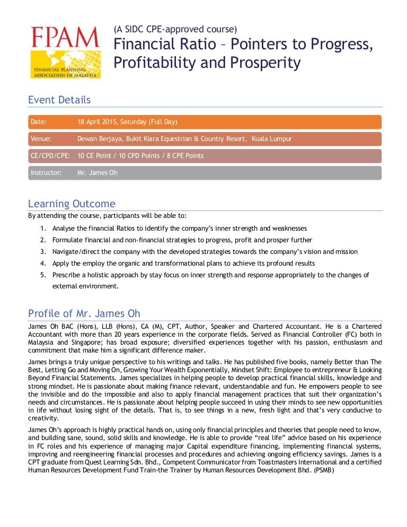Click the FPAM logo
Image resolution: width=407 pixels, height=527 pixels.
click(65, 51)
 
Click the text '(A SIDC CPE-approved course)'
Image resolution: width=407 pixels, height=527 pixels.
click(175, 29)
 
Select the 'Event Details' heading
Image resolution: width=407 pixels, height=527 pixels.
click(59, 100)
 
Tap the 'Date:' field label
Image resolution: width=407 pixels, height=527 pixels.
click(39, 122)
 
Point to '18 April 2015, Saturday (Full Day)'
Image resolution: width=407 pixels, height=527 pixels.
click(127, 122)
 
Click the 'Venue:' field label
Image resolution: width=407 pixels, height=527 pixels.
click(41, 139)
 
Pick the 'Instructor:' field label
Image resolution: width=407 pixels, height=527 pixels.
click(46, 173)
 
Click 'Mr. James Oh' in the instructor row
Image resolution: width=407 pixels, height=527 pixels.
click(98, 173)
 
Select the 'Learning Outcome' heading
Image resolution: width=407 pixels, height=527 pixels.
click(71, 204)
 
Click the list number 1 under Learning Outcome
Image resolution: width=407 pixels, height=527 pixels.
click(42, 228)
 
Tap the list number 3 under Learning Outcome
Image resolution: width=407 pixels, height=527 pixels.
click(42, 251)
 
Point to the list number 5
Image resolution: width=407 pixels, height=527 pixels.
click(42, 275)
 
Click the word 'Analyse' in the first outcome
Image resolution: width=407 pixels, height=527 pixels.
click(64, 228)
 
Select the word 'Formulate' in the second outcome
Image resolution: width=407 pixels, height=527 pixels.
click(67, 240)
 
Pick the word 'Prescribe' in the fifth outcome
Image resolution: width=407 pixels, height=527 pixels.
click(66, 275)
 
